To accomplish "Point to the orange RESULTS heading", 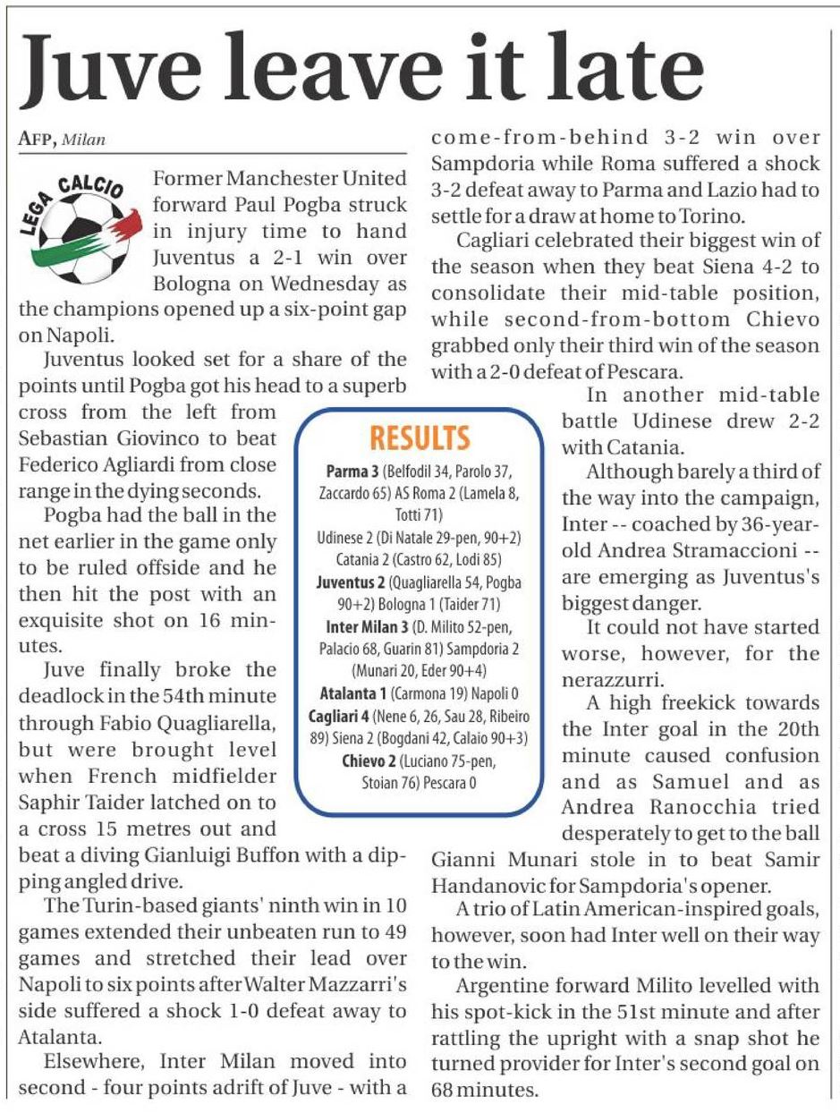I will (420, 438).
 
